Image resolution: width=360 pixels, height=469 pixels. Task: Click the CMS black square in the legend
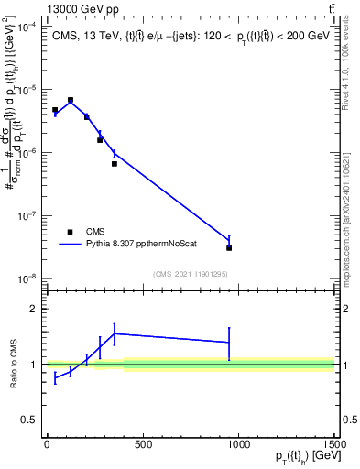point(70,232)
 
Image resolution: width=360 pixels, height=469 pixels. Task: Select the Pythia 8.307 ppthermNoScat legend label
point(141,245)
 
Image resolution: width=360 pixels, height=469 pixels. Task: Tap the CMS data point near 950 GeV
point(229,247)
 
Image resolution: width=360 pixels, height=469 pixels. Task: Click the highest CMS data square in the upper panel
point(71,100)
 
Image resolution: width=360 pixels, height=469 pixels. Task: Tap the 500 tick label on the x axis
point(142,446)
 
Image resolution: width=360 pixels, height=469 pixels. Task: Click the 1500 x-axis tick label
point(333,446)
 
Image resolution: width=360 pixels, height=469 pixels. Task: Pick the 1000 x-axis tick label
point(238,446)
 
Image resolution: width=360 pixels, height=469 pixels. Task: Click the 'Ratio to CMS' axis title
point(11,365)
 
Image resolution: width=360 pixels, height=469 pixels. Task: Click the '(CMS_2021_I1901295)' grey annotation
point(190,273)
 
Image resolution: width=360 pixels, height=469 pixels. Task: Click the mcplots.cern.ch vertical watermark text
point(353,211)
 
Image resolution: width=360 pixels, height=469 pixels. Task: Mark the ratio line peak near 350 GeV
point(114,333)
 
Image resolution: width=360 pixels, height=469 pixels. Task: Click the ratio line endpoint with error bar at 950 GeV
point(229,343)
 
